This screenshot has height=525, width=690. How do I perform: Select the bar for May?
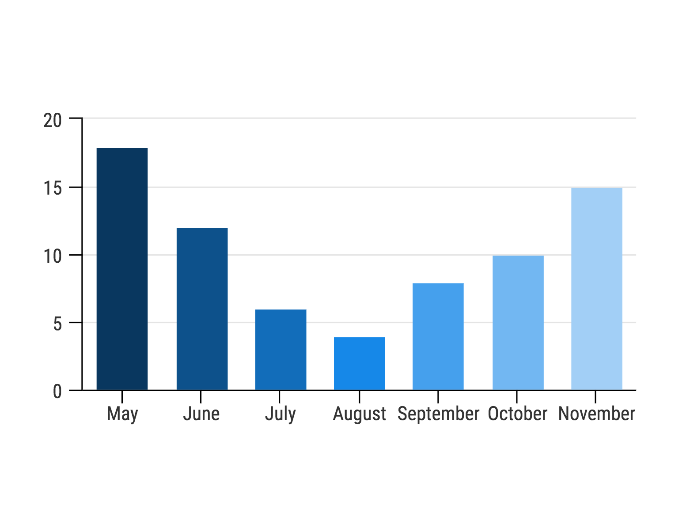122,269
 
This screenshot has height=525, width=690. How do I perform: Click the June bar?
202,309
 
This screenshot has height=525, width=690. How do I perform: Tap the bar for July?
281,349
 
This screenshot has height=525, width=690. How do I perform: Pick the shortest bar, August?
359,363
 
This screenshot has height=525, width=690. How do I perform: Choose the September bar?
438,336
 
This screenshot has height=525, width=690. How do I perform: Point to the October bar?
518,322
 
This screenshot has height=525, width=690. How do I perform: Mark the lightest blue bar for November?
596,289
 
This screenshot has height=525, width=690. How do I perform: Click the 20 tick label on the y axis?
53,120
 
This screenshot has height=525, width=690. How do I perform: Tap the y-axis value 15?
53,189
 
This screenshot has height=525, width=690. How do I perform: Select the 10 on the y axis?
53,257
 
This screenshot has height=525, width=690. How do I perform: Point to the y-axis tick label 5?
57,324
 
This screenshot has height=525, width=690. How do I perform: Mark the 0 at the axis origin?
57,392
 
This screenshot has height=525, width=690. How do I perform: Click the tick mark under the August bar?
359,397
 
